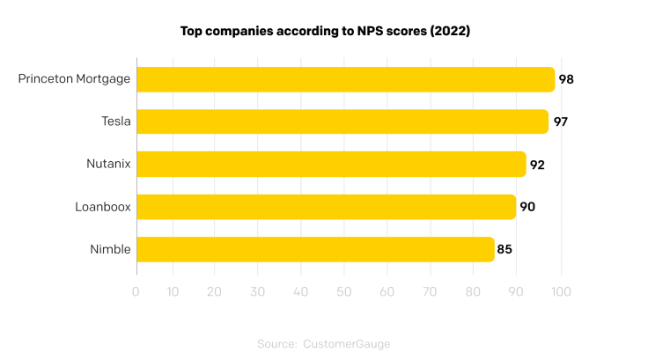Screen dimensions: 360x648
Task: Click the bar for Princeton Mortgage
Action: click(x=345, y=79)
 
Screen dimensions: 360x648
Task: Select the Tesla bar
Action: click(x=342, y=121)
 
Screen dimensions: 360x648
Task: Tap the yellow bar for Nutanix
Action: click(x=331, y=164)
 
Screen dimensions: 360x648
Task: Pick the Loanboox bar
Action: click(x=326, y=207)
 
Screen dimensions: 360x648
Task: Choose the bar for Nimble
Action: click(x=315, y=249)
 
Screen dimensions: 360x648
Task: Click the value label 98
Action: click(x=566, y=79)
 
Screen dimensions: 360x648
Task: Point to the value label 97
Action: click(x=560, y=121)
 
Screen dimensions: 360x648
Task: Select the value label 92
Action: click(x=537, y=165)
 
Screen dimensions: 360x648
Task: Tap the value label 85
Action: click(x=504, y=249)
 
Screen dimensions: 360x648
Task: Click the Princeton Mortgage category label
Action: click(x=74, y=79)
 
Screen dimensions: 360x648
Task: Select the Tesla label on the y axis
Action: click(x=116, y=121)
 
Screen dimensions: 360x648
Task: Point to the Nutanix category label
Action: click(x=108, y=165)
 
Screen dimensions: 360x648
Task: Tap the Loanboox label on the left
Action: click(x=103, y=207)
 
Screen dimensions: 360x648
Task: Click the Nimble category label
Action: click(x=110, y=249)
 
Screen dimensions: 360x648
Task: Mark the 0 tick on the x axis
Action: click(x=136, y=290)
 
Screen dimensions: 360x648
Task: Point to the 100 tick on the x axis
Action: click(x=561, y=290)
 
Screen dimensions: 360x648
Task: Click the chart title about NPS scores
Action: click(x=323, y=31)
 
